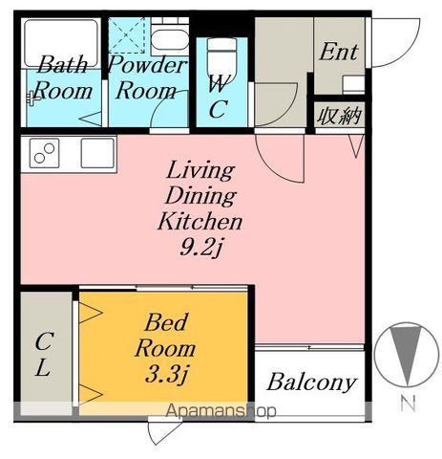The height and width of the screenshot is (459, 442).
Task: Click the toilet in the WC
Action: [x=221, y=60]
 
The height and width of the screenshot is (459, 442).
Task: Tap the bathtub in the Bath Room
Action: [x=61, y=43]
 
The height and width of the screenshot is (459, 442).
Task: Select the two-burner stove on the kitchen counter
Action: [x=45, y=153]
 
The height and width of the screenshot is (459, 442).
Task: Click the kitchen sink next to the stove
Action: [x=97, y=153]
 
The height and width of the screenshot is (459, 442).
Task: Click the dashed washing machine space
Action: [x=127, y=35]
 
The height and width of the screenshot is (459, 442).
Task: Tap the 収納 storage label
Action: [x=339, y=116]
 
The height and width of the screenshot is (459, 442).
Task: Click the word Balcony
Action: [x=311, y=382]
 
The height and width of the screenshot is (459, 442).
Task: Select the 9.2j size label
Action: [x=200, y=247]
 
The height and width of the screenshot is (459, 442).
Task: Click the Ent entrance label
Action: [x=339, y=52]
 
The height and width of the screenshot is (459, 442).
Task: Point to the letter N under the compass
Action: [x=408, y=404]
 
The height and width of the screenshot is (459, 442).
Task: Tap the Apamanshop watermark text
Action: [x=221, y=410]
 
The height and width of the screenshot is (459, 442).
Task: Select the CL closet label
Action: [x=43, y=355]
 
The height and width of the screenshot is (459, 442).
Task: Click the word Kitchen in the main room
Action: [x=200, y=221]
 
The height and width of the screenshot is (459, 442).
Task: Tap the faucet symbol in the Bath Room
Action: [x=32, y=98]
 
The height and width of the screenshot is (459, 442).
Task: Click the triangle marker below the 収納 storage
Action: [x=356, y=146]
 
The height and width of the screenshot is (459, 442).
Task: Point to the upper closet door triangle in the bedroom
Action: [x=91, y=313]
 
